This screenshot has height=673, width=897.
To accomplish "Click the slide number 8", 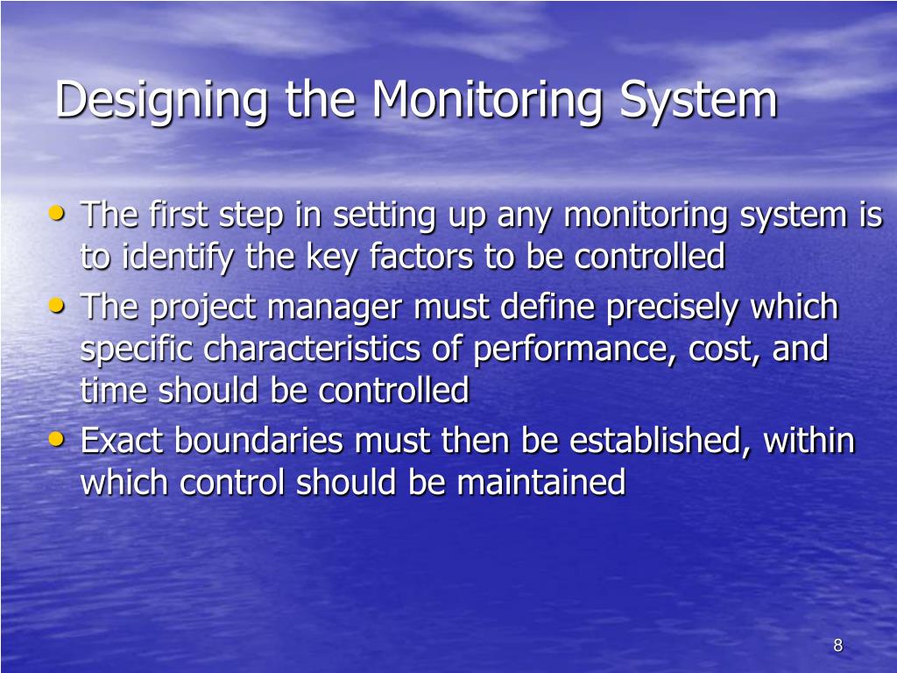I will [837, 646].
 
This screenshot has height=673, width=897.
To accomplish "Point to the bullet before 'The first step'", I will [58, 213].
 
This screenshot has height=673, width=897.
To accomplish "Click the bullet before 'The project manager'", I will [58, 306].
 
